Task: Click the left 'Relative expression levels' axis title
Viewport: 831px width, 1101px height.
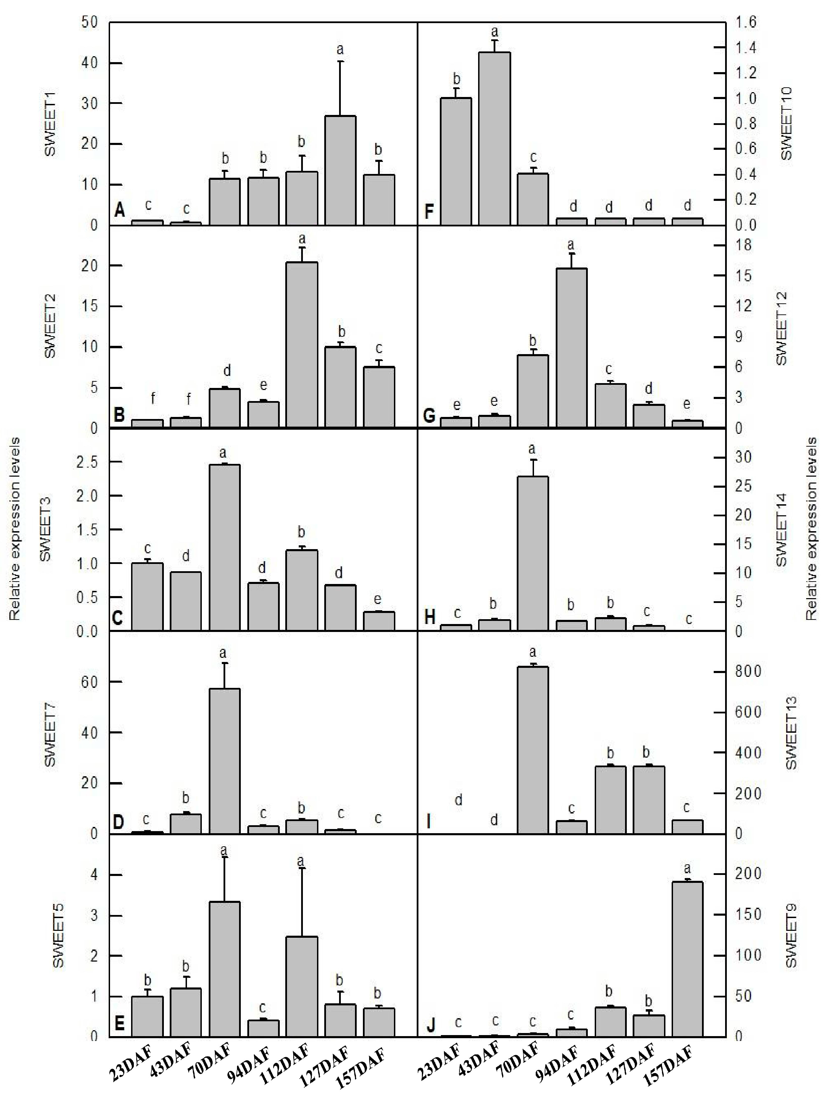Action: [15, 529]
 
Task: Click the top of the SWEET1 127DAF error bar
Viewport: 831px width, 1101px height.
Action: [340, 61]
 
